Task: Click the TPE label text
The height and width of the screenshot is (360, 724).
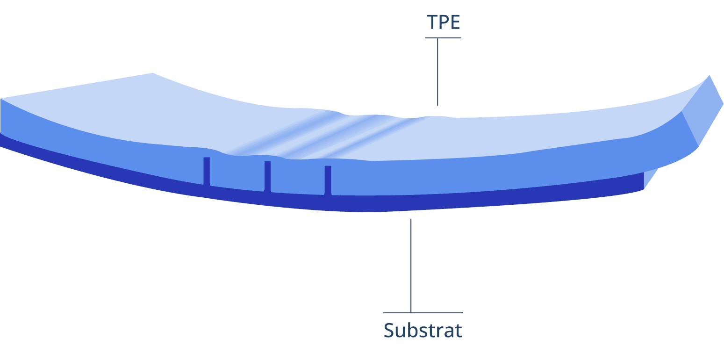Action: point(443,22)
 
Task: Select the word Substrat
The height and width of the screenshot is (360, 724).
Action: point(423,330)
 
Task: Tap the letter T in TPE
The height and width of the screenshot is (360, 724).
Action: point(431,22)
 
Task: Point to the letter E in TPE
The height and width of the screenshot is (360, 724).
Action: point(454,22)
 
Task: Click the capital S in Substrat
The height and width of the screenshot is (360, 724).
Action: point(389,330)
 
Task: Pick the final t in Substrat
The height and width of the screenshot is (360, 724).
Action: point(458,330)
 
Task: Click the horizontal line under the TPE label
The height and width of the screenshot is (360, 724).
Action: point(443,38)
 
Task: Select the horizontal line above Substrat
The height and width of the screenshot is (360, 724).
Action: point(423,312)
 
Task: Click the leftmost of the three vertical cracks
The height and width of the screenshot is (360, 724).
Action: point(207,171)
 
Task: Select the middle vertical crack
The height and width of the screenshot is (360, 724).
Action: point(267,176)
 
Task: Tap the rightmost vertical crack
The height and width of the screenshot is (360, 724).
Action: point(328,180)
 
